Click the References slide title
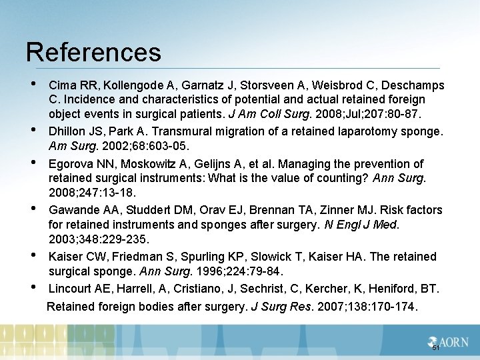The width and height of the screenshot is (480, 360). click(x=93, y=53)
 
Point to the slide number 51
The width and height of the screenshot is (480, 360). click(x=435, y=348)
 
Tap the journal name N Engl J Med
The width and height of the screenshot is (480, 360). click(x=359, y=224)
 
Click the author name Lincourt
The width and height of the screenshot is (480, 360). click(x=70, y=289)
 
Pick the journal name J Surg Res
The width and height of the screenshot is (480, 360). click(x=280, y=307)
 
